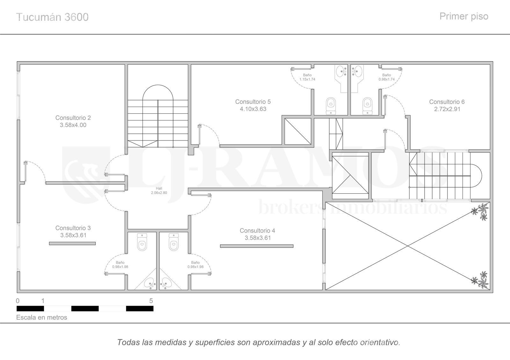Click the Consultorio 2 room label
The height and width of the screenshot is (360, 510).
click(x=73, y=118)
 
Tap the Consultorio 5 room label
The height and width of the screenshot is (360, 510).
click(x=253, y=102)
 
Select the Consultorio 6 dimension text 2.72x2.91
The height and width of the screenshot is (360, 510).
click(x=447, y=109)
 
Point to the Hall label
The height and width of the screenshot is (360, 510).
click(x=159, y=188)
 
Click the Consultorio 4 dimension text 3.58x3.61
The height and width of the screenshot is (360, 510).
click(x=258, y=238)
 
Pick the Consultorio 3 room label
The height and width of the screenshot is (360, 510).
click(x=73, y=228)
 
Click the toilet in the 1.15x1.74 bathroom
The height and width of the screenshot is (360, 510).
click(x=331, y=106)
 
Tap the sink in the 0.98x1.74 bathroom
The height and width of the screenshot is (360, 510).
click(x=357, y=71)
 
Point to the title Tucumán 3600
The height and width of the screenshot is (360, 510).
click(x=52, y=17)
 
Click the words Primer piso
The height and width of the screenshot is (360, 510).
click(x=464, y=16)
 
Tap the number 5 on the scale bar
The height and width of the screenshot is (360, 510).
click(x=151, y=301)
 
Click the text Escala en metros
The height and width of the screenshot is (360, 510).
click(x=42, y=317)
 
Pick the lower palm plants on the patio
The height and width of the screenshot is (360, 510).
click(x=480, y=280)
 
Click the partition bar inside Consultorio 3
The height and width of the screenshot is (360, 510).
click(x=72, y=243)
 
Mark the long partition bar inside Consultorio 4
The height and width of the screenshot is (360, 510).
click(x=257, y=246)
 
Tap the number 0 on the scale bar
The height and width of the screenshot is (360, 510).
click(x=18, y=301)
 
